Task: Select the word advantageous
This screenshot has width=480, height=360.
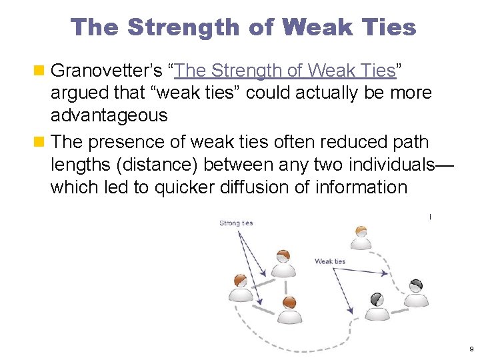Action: point(109,116)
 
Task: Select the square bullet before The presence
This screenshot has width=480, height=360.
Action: point(41,142)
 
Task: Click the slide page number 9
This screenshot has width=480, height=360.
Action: point(471,349)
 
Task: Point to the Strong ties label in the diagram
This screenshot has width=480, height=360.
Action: point(236,223)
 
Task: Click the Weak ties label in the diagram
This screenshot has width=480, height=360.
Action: point(330,261)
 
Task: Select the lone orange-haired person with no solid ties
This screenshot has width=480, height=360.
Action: point(361,238)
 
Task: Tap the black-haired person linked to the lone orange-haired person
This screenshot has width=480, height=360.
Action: point(416,293)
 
